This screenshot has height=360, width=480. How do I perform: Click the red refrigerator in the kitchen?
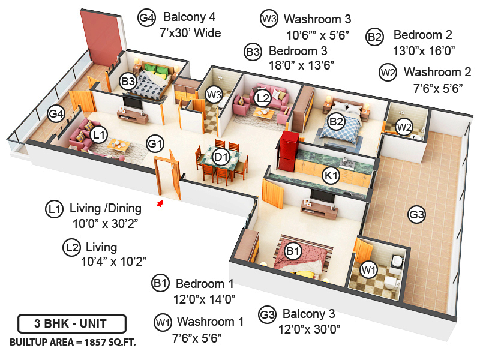click(x=289, y=150)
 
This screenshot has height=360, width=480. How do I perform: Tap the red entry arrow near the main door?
click(x=160, y=205)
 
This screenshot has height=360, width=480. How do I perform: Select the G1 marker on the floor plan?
click(x=155, y=144)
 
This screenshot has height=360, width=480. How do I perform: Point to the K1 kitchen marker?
click(x=331, y=176)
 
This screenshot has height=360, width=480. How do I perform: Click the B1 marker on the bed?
click(x=293, y=251)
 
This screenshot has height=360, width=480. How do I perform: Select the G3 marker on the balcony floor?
click(x=416, y=214)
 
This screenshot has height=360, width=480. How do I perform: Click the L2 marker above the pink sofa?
click(x=262, y=97)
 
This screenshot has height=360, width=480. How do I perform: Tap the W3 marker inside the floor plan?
click(x=214, y=94)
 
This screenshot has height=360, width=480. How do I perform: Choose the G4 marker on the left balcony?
click(x=56, y=113)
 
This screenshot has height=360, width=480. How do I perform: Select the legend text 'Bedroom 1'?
click(x=205, y=283)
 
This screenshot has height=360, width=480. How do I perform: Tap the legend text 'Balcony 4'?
click(x=189, y=17)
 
